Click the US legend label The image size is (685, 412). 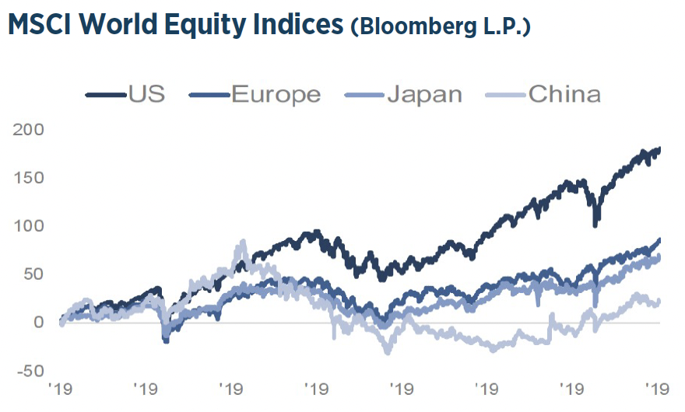tap(147, 95)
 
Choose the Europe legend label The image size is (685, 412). tap(276, 95)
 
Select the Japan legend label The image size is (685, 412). tap(425, 95)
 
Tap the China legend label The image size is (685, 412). tap(564, 95)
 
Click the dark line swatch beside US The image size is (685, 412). tap(105, 96)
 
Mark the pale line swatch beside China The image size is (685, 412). tap(505, 96)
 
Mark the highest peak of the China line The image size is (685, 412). tap(243, 242)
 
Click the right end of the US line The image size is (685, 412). tap(660, 148)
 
